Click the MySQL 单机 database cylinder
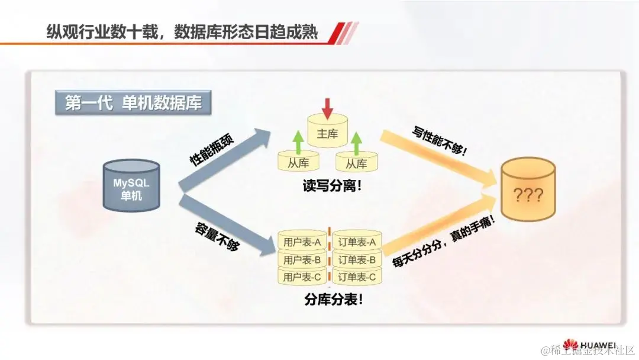131,185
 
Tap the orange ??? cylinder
528,191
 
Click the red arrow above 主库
327,107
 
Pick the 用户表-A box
302,242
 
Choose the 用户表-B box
302,259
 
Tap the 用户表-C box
302,277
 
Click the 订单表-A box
357,242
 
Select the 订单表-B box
357,259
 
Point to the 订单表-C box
357,277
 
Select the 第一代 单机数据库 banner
133,103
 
